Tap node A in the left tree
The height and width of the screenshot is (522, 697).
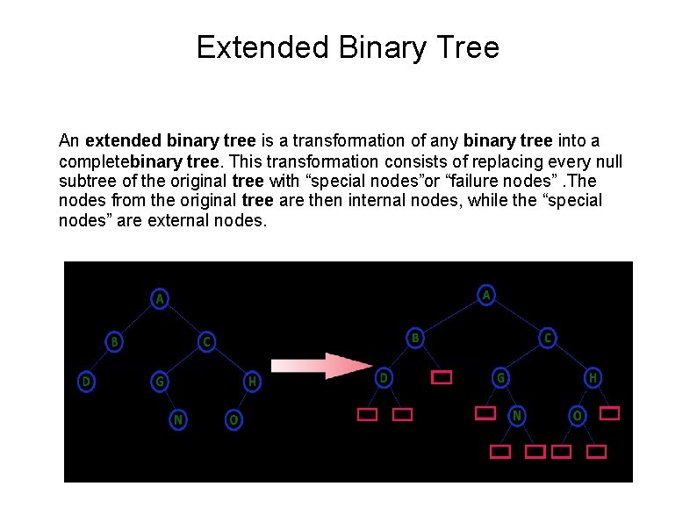[160, 299]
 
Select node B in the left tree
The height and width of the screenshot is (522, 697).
[114, 341]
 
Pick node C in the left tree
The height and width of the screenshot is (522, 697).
[206, 341]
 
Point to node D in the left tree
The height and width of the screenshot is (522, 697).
[86, 382]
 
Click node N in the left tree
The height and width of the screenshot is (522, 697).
[178, 420]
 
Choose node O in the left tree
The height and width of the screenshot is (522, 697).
[234, 420]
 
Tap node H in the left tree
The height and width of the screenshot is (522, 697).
[252, 382]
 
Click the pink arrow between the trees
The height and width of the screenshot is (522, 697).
[321, 366]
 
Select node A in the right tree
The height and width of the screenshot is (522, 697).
[486, 296]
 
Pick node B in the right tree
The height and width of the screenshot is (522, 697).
[416, 337]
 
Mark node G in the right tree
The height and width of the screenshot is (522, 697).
[499, 378]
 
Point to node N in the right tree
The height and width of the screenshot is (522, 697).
[518, 415]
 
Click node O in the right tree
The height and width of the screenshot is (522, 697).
[578, 415]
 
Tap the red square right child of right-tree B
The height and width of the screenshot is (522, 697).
[442, 378]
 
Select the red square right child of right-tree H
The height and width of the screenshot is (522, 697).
[610, 412]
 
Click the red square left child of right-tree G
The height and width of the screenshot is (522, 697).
[485, 412]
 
